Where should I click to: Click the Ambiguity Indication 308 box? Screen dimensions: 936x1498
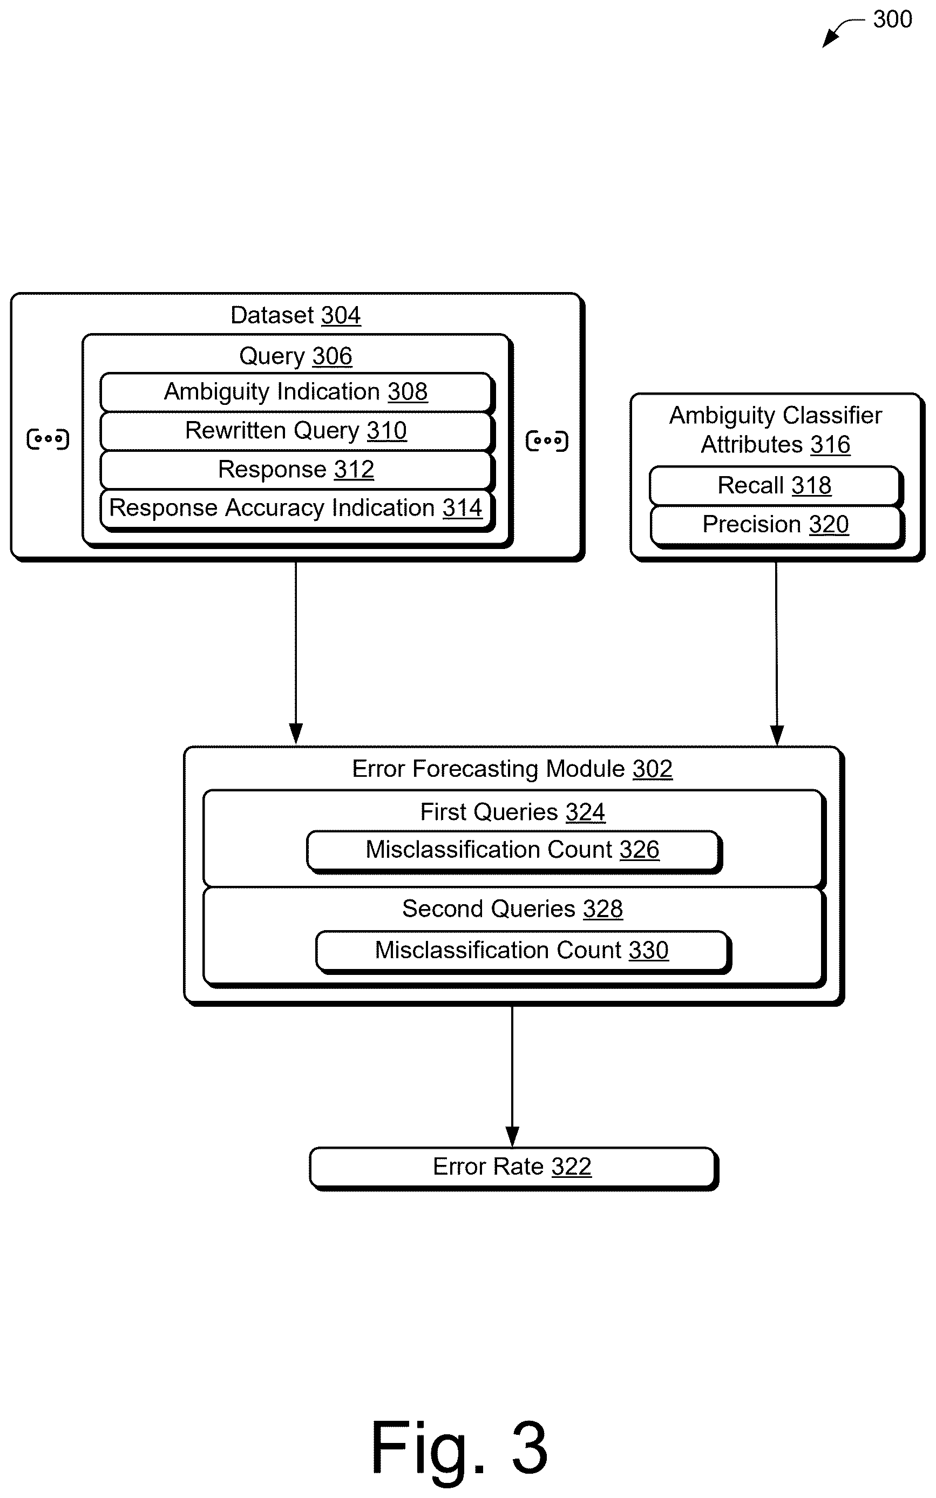[296, 392]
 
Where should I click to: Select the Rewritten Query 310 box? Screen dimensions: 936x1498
[296, 431]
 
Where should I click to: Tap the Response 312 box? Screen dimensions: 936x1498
[296, 470]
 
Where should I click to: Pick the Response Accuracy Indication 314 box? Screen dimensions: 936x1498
[296, 510]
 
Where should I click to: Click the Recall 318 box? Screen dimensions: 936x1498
[776, 486]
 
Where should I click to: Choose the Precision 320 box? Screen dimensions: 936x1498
[776, 526]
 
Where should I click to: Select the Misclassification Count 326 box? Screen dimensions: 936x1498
[514, 851]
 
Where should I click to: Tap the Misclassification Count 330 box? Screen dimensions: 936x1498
[523, 951]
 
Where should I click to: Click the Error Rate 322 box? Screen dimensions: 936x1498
[513, 1168]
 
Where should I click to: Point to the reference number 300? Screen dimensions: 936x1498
[892, 19]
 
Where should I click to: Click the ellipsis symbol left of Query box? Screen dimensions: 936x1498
[48, 439]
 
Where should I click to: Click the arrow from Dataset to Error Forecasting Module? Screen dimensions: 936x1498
[296, 653]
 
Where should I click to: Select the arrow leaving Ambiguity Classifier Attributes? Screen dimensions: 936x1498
[776, 654]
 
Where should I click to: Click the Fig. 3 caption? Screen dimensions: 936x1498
[459, 1447]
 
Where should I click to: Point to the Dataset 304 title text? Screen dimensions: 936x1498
[295, 315]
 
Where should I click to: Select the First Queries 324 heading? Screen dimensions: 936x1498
[513, 811]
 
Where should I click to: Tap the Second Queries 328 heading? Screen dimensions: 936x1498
[513, 909]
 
